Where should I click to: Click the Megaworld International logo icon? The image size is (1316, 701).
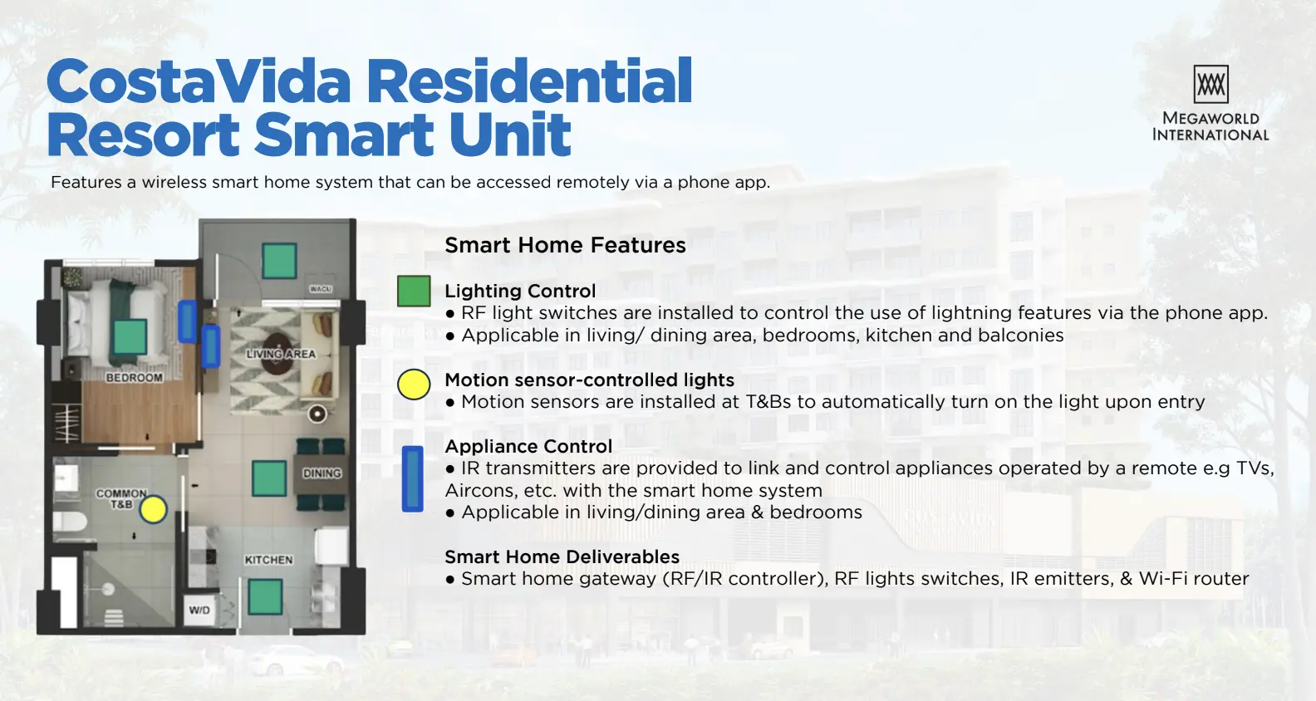pyautogui.click(x=1210, y=84)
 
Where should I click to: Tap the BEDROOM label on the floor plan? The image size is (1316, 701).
pyautogui.click(x=135, y=378)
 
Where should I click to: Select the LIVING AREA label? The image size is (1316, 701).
pyautogui.click(x=281, y=354)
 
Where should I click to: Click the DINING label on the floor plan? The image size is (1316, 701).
pyautogui.click(x=322, y=473)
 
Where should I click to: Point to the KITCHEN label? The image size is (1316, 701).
pyautogui.click(x=268, y=560)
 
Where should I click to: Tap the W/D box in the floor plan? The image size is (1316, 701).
pyautogui.click(x=199, y=610)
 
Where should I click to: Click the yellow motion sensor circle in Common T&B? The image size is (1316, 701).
pyautogui.click(x=154, y=510)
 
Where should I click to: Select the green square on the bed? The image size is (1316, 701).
pyautogui.click(x=130, y=336)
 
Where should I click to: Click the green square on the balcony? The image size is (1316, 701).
pyautogui.click(x=279, y=262)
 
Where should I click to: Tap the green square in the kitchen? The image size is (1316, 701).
pyautogui.click(x=265, y=597)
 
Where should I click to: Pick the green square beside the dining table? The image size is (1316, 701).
pyautogui.click(x=269, y=478)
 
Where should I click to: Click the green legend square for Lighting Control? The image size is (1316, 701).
pyautogui.click(x=414, y=292)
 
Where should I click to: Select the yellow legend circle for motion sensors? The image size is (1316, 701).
pyautogui.click(x=414, y=385)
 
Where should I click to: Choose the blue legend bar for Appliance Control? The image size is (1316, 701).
pyautogui.click(x=412, y=479)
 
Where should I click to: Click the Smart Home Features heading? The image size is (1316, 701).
pyautogui.click(x=565, y=245)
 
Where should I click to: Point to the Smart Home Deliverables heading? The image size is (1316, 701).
pyautogui.click(x=562, y=556)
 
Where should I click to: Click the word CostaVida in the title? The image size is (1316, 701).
pyautogui.click(x=199, y=81)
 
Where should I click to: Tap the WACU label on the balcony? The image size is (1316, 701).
pyautogui.click(x=321, y=289)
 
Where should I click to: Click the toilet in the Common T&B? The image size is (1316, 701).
pyautogui.click(x=71, y=521)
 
